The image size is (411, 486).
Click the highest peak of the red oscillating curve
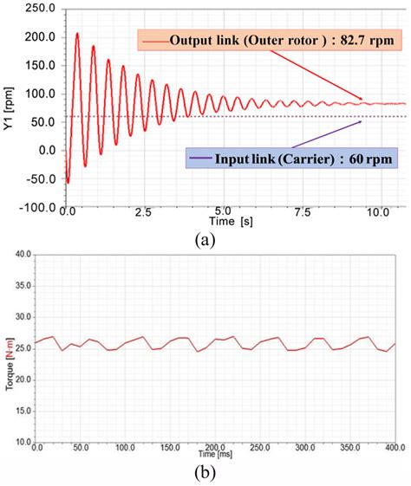coord(77,34)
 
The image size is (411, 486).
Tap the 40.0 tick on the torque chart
coord(21,254)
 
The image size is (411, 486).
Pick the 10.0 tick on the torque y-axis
coord(21,442)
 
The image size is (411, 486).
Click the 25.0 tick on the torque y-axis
coord(21,347)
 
